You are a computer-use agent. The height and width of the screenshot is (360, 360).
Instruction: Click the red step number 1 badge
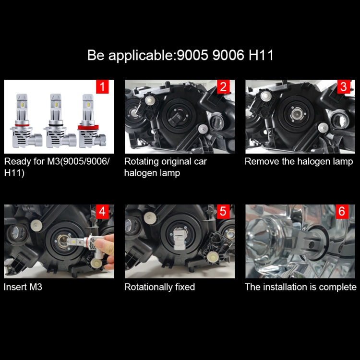tap(102, 87)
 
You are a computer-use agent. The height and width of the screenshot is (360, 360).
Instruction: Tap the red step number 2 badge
tap(223, 87)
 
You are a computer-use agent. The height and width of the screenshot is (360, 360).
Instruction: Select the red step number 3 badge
tap(343, 87)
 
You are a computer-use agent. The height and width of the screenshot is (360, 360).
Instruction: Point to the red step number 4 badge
tap(102, 212)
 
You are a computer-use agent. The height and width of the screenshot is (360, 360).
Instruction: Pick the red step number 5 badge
tap(223, 212)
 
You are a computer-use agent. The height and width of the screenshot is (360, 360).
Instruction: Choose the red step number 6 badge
tap(342, 212)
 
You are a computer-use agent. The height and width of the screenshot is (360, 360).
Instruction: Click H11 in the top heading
tap(261, 55)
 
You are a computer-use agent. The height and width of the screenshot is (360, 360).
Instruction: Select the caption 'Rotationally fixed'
tap(159, 287)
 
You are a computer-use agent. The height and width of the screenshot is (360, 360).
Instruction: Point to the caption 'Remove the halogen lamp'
tap(299, 161)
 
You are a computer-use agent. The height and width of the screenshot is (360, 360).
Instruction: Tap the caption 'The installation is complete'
tap(300, 287)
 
